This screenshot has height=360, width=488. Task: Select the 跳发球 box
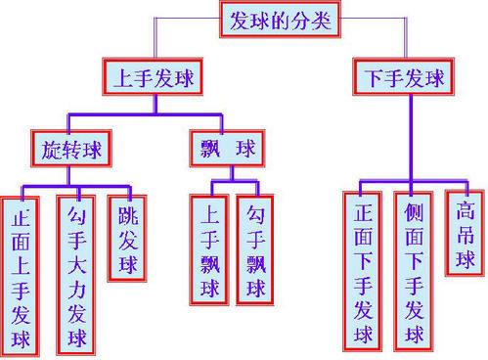pos(128,240)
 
